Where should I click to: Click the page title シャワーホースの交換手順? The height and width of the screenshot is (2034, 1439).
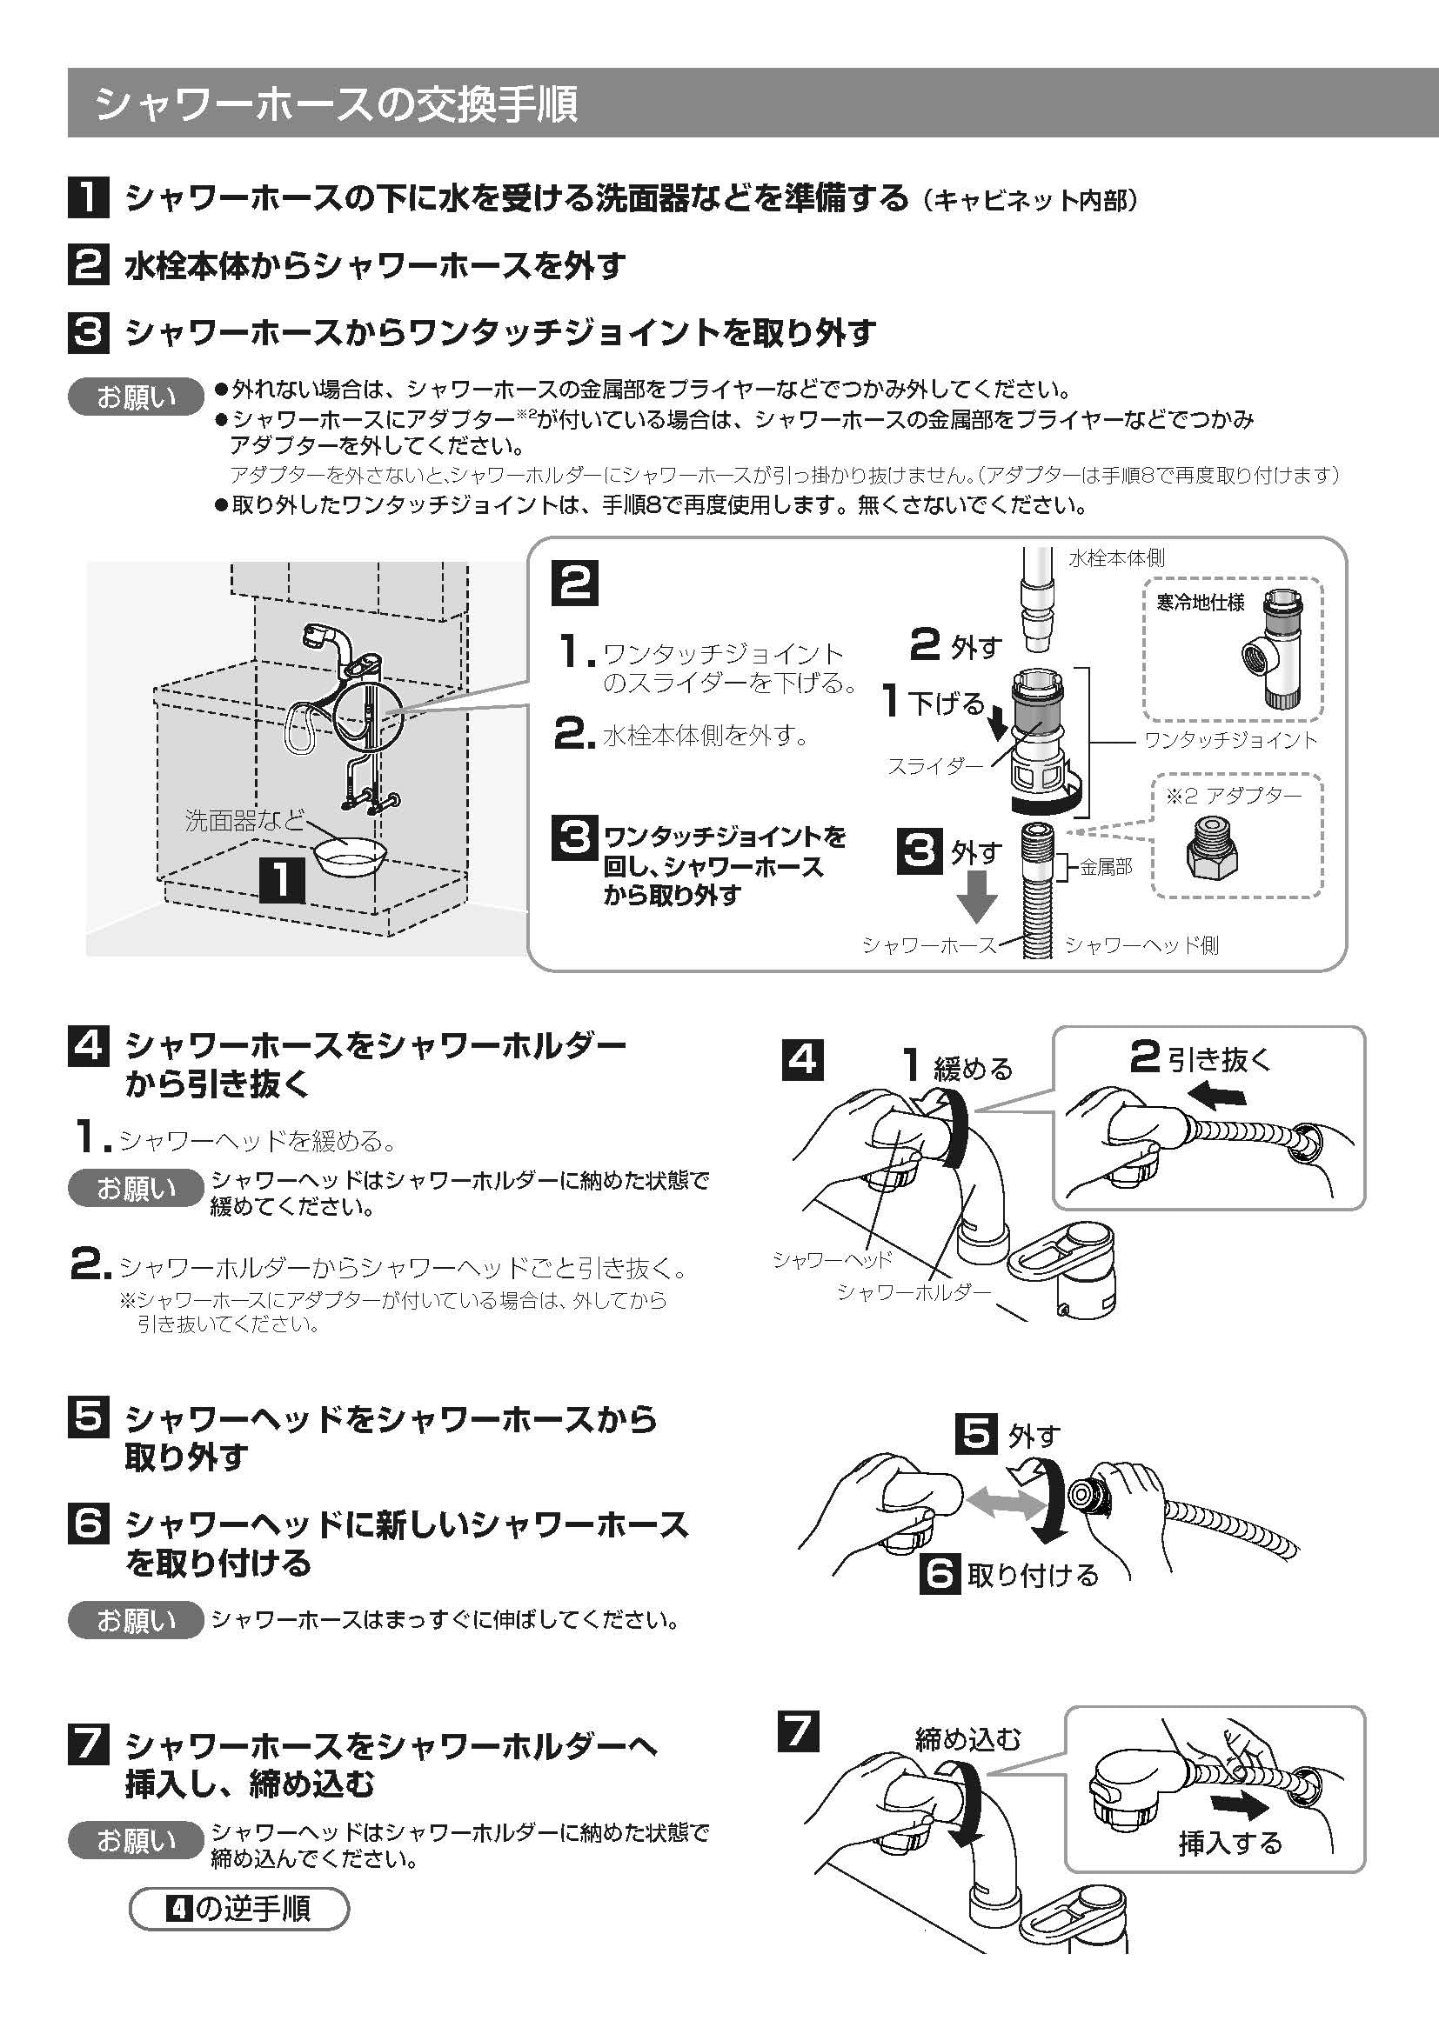click(x=337, y=103)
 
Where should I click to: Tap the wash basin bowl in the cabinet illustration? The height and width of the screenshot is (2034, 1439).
click(x=349, y=856)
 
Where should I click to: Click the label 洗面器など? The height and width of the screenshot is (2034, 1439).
click(x=243, y=820)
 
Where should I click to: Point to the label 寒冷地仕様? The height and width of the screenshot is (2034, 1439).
click(x=1200, y=603)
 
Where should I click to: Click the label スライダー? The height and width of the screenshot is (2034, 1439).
click(x=934, y=767)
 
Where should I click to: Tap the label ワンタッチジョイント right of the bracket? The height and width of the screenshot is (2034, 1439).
click(x=1231, y=741)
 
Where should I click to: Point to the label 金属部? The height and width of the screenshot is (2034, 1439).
click(x=1106, y=867)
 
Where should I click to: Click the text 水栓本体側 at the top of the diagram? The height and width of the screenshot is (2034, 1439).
click(x=1116, y=558)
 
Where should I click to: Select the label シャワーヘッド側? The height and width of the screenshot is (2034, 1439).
click(x=1141, y=945)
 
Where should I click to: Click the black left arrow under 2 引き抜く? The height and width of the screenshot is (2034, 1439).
click(x=1217, y=1097)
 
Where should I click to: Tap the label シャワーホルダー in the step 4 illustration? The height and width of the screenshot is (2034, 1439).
click(x=914, y=1291)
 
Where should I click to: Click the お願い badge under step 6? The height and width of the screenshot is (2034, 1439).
click(x=136, y=1620)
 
